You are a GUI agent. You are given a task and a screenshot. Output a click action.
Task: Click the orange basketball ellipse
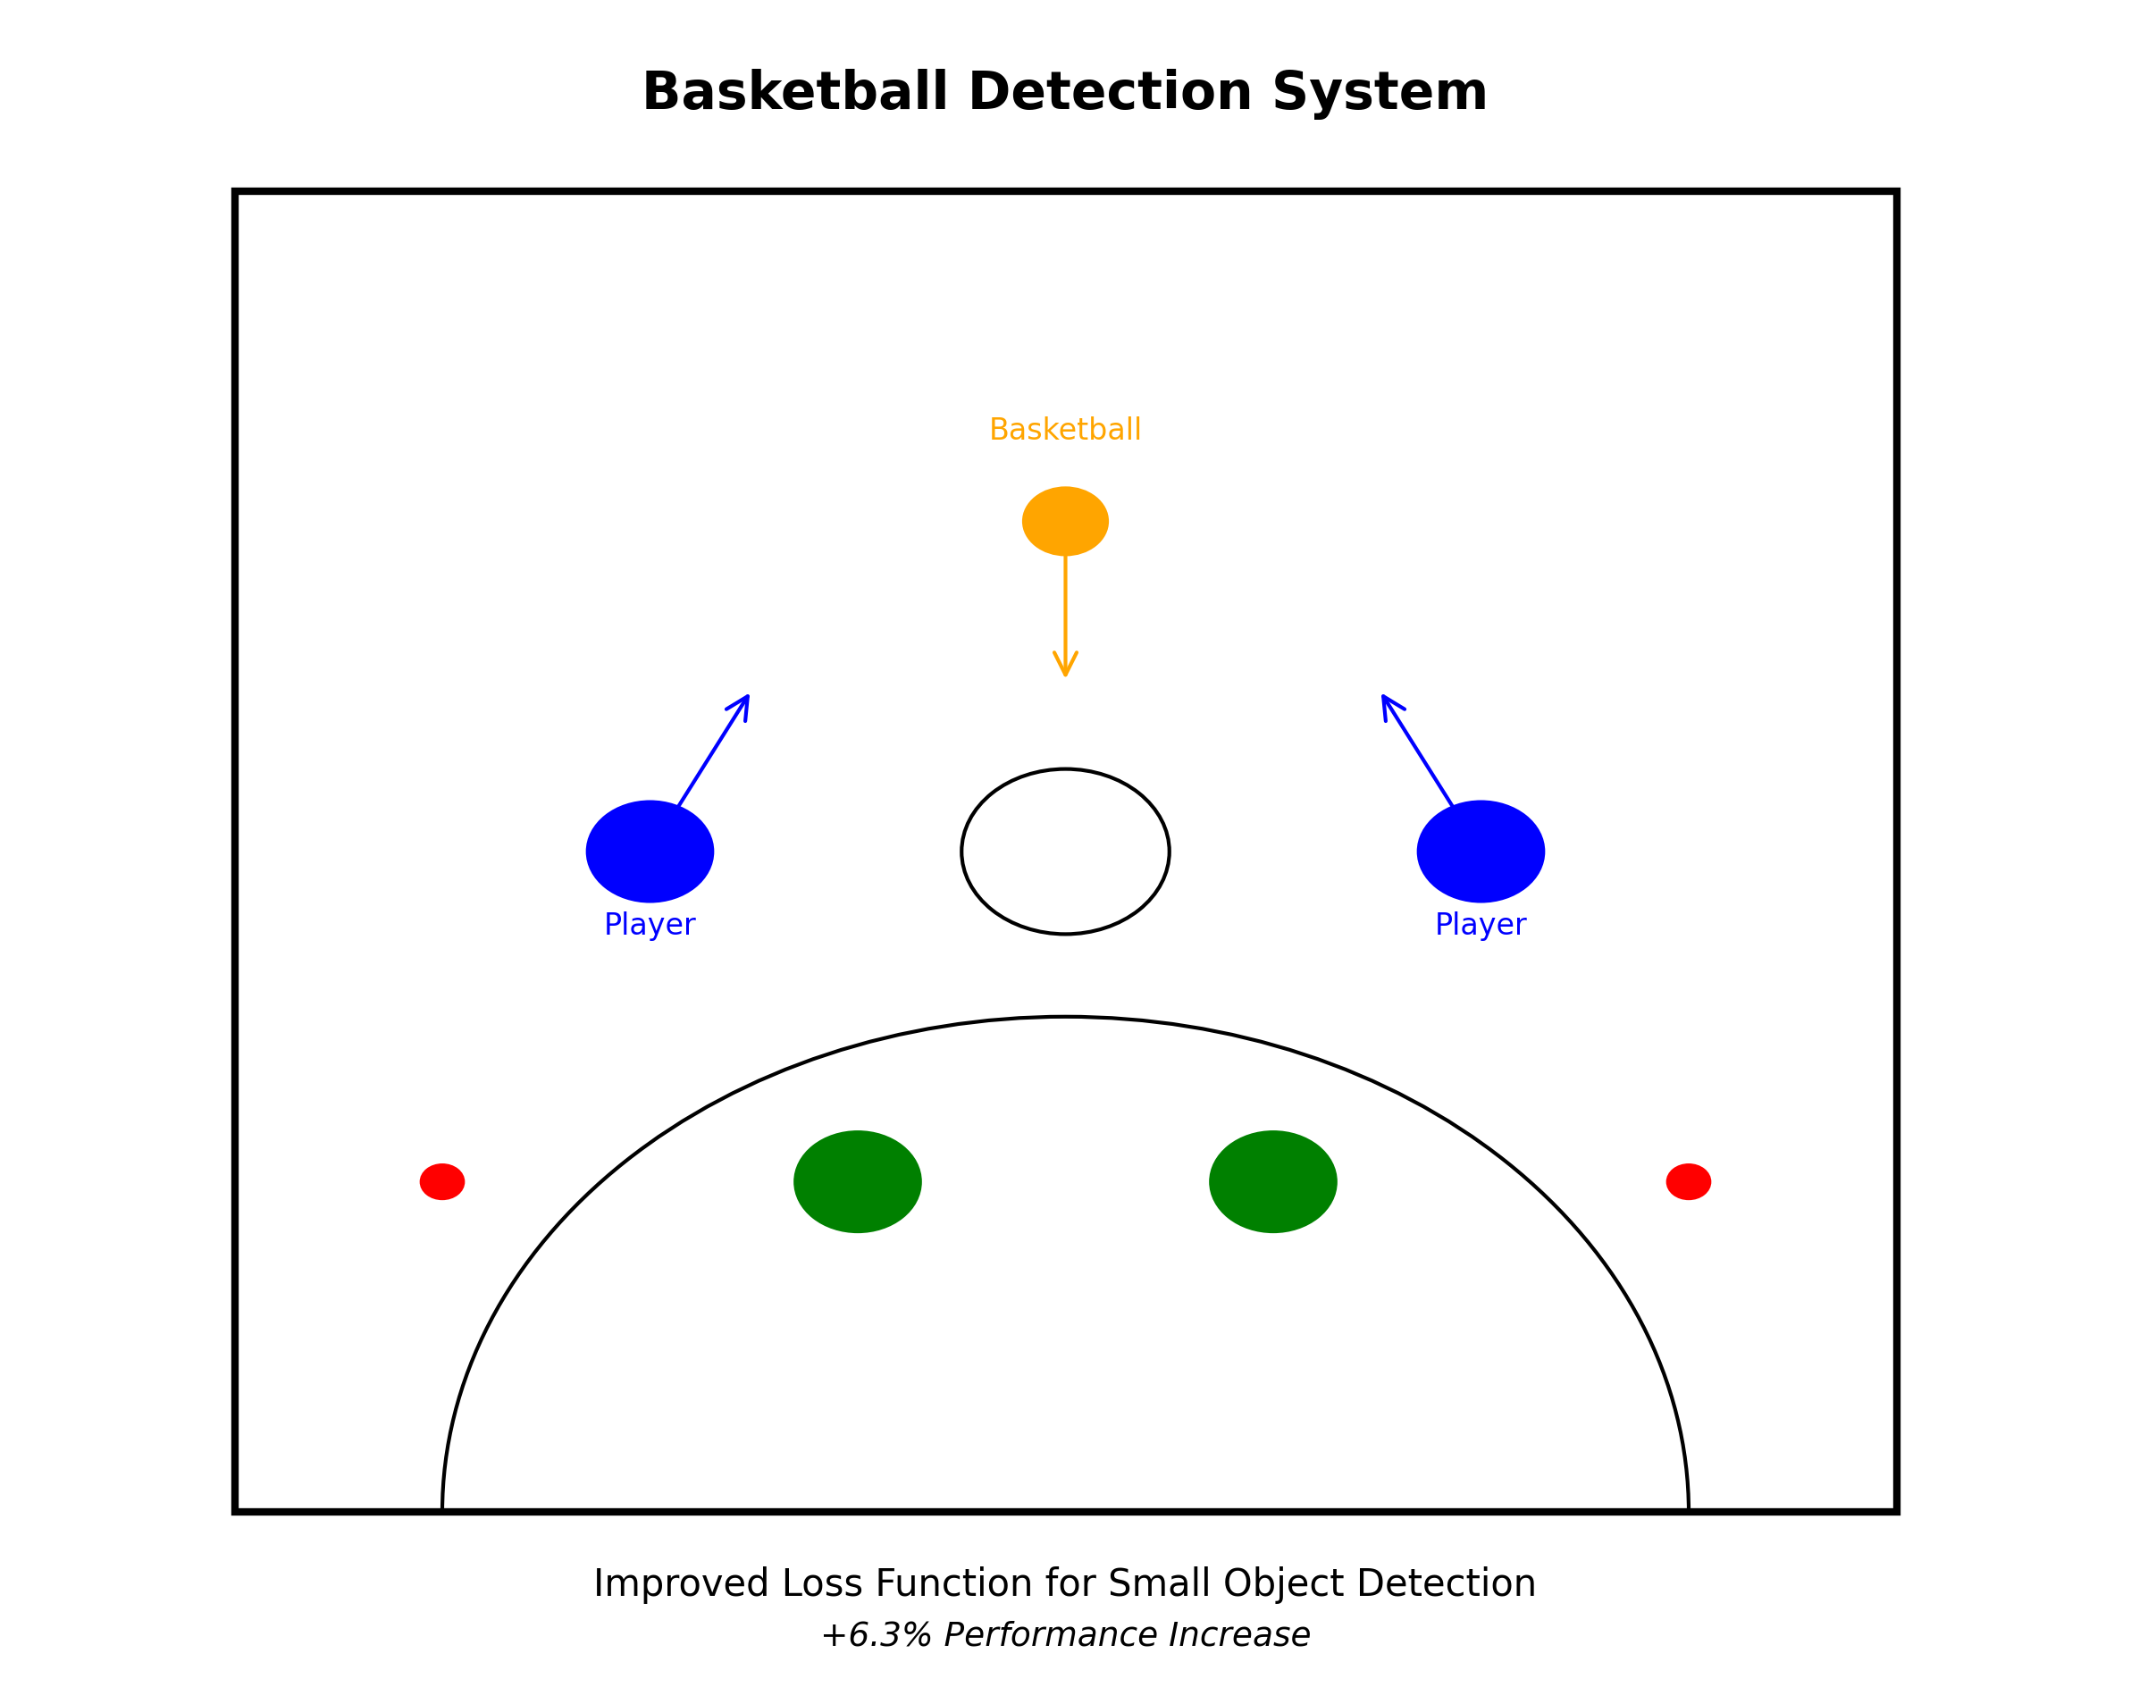coord(1064,521)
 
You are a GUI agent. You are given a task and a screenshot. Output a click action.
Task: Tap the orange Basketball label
coord(1064,430)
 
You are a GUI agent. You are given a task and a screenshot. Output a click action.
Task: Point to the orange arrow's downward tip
coord(1064,674)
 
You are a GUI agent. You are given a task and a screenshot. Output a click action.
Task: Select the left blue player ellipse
coord(650,851)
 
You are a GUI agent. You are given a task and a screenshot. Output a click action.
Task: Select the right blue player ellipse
coord(1480,851)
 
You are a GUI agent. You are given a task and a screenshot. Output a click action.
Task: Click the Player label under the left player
coord(650,924)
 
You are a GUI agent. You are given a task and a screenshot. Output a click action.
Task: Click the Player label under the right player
coord(1480,924)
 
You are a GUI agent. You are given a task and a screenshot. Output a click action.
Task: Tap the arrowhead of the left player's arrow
coord(746,699)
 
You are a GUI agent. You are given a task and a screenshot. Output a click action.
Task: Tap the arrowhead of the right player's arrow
coord(1384,699)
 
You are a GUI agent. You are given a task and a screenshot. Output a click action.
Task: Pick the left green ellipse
coord(857,1181)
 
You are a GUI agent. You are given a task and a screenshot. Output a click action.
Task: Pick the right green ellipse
coord(1272,1181)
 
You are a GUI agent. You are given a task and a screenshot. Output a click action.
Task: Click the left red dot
coord(441,1181)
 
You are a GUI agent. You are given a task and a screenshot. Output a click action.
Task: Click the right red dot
coord(1688,1181)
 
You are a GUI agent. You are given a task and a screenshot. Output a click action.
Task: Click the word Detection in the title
coord(1111,93)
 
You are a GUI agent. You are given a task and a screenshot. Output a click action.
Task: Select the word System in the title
coord(1379,93)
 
